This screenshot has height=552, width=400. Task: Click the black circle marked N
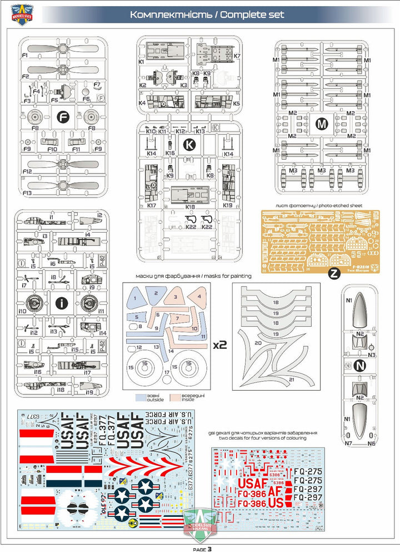pyautogui.click(x=359, y=366)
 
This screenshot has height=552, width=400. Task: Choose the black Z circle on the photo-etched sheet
pyautogui.click(x=333, y=273)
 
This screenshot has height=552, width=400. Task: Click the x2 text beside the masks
pyautogui.click(x=220, y=344)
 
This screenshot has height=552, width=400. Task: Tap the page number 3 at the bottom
pyautogui.click(x=209, y=549)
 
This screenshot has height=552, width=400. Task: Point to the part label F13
pyautogui.click(x=26, y=193)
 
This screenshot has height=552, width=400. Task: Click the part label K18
pyautogui.click(x=190, y=207)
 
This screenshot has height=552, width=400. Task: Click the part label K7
pyautogui.click(x=237, y=56)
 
